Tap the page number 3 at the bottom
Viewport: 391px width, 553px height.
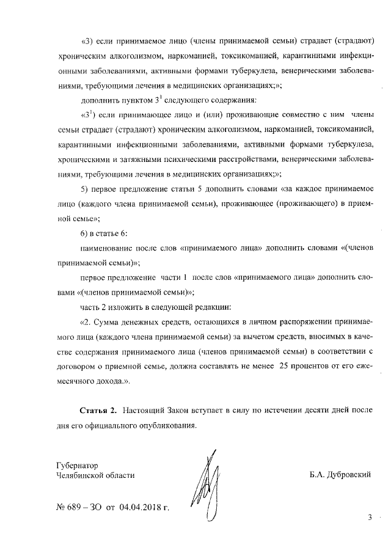370,518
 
